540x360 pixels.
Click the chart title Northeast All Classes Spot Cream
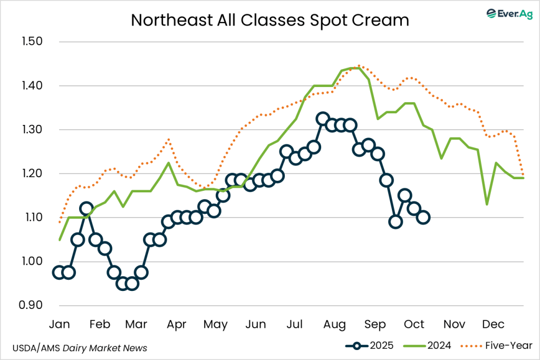(x=270, y=20)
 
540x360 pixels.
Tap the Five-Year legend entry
(x=496, y=346)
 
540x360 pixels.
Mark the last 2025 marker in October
(x=423, y=217)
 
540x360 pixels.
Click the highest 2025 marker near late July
(x=323, y=119)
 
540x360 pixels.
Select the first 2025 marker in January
(x=59, y=272)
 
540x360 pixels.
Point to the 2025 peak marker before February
(x=86, y=208)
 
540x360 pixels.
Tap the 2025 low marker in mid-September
(x=396, y=221)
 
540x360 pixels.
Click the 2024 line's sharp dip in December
(x=487, y=204)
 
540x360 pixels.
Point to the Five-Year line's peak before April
(x=168, y=139)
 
